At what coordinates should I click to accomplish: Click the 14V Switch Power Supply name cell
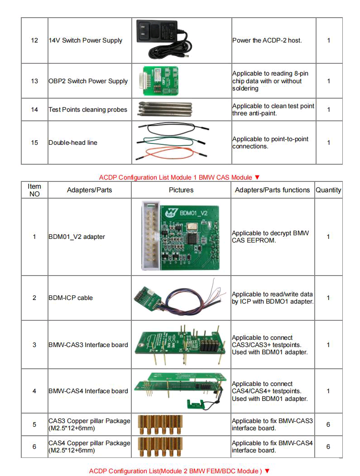(x=85, y=40)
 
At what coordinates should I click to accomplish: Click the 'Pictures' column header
(x=181, y=190)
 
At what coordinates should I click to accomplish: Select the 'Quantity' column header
(x=328, y=190)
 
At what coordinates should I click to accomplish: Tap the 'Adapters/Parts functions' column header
(x=273, y=190)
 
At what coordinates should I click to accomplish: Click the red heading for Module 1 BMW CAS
(x=179, y=177)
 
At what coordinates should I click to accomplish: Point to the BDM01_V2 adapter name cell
(x=77, y=237)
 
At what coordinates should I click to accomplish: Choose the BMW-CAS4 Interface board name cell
(x=88, y=391)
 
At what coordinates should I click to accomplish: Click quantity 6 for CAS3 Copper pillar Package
(x=328, y=424)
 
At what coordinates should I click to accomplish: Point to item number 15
(x=34, y=143)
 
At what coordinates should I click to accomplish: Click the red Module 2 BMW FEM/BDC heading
(x=179, y=471)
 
